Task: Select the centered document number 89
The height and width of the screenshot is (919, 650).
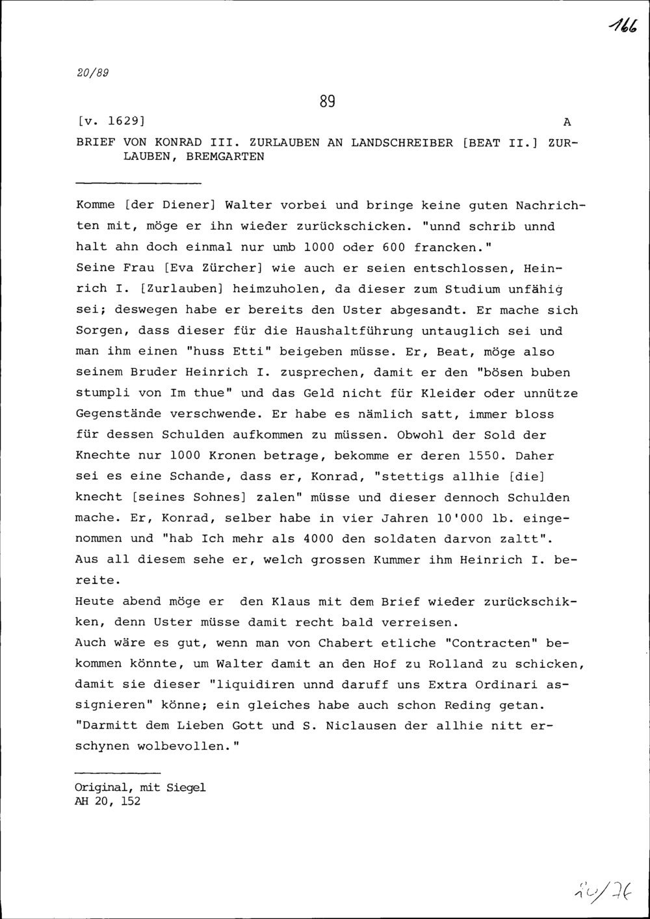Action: point(327,102)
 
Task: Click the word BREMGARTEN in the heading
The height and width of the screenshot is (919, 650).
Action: point(226,157)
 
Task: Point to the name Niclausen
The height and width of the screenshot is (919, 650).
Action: point(357,726)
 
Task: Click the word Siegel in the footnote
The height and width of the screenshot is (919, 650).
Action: point(186,788)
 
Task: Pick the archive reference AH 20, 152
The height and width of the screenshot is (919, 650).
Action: point(107,801)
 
